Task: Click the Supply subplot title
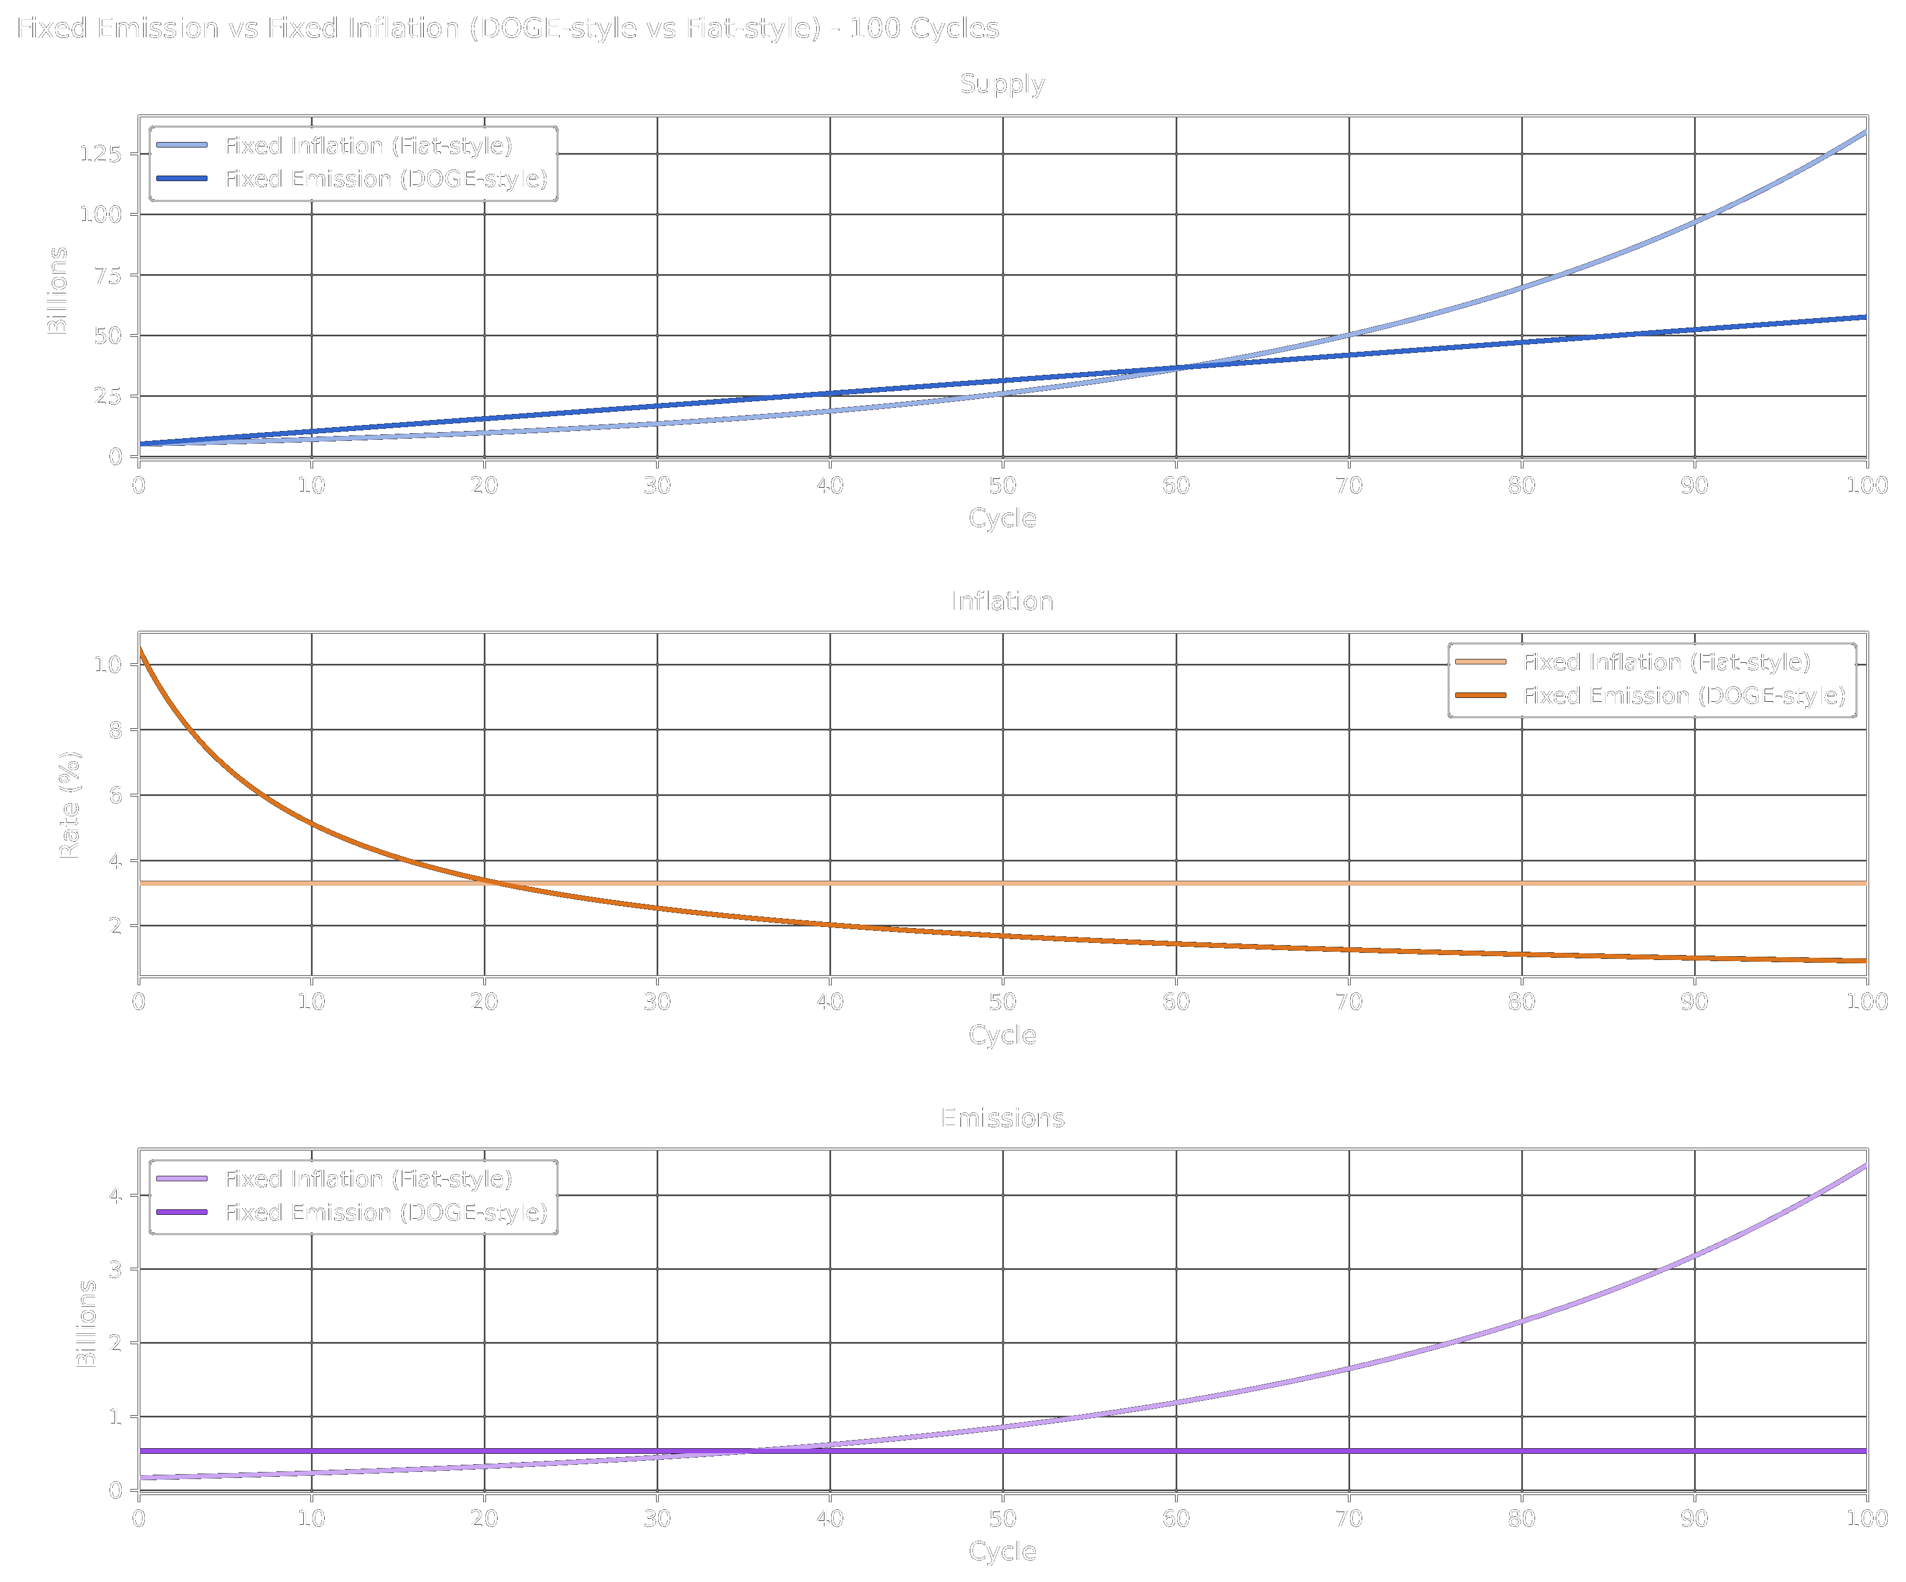pyautogui.click(x=1002, y=84)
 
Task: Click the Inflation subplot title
pyautogui.click(x=1002, y=602)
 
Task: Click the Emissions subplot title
pyautogui.click(x=1002, y=1118)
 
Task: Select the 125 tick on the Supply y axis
pyautogui.click(x=100, y=154)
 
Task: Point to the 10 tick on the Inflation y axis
pyautogui.click(x=108, y=664)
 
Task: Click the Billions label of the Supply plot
pyautogui.click(x=57, y=291)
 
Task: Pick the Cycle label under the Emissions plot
pyautogui.click(x=1002, y=1551)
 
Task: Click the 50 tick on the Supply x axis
pyautogui.click(x=1002, y=485)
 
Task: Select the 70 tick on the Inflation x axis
pyautogui.click(x=1348, y=1002)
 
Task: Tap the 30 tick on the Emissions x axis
pyautogui.click(x=657, y=1519)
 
